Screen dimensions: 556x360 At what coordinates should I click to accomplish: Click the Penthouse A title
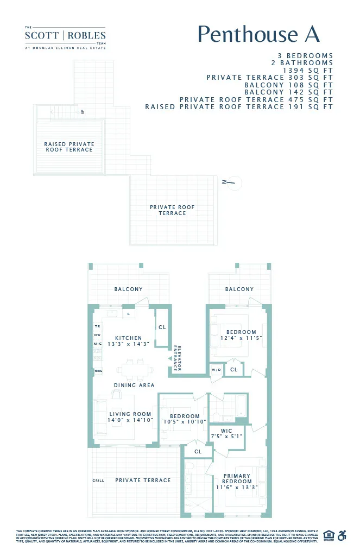pyautogui.click(x=258, y=34)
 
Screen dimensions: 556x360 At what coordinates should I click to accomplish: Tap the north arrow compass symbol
pyautogui.click(x=231, y=182)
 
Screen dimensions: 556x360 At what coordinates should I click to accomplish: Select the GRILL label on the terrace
pyautogui.click(x=98, y=481)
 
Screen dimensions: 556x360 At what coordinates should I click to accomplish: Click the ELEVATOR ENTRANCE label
pyautogui.click(x=175, y=358)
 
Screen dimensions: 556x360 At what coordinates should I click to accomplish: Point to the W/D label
pyautogui.click(x=216, y=370)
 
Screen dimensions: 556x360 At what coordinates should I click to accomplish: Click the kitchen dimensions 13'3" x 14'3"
pyautogui.click(x=129, y=344)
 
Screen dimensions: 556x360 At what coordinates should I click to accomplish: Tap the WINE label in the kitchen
pyautogui.click(x=98, y=371)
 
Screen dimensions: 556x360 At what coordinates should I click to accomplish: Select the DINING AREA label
pyautogui.click(x=134, y=386)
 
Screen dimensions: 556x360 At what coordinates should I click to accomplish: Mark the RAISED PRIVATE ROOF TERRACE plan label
pyautogui.click(x=69, y=147)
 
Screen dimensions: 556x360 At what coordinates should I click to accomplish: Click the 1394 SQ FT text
pyautogui.click(x=308, y=71)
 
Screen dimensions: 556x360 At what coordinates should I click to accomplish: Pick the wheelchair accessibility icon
pyautogui.click(x=342, y=535)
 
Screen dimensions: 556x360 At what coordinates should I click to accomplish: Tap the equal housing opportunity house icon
pyautogui.click(x=328, y=535)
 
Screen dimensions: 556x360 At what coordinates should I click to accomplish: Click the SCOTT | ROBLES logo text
pyautogui.click(x=65, y=36)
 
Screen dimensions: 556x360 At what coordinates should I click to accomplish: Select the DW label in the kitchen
pyautogui.click(x=98, y=335)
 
